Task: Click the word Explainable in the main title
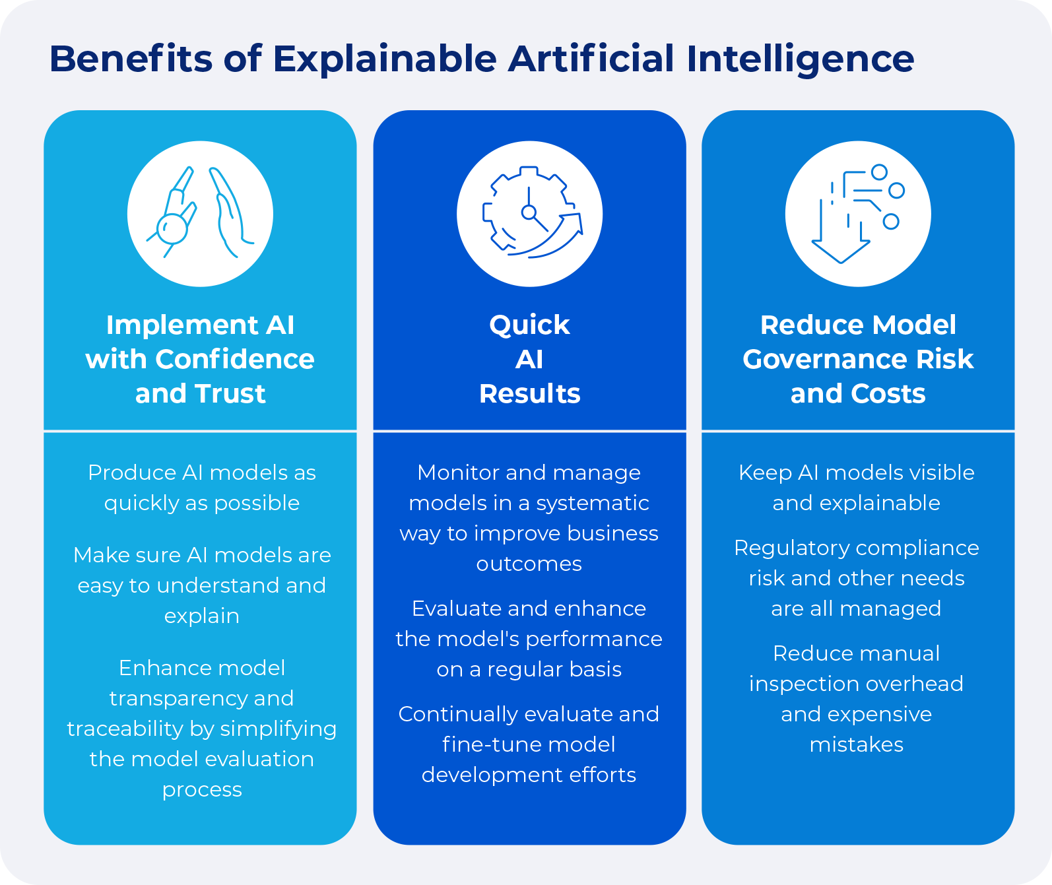click(384, 59)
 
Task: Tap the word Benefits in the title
click(131, 59)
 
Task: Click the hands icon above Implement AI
click(200, 213)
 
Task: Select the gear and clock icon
click(529, 213)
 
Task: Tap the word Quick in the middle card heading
click(529, 325)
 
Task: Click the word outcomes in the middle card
click(529, 564)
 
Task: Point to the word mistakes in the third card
click(857, 745)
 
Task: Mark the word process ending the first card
click(202, 790)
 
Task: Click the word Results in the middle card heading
click(529, 394)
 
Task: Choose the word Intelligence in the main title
click(800, 59)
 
